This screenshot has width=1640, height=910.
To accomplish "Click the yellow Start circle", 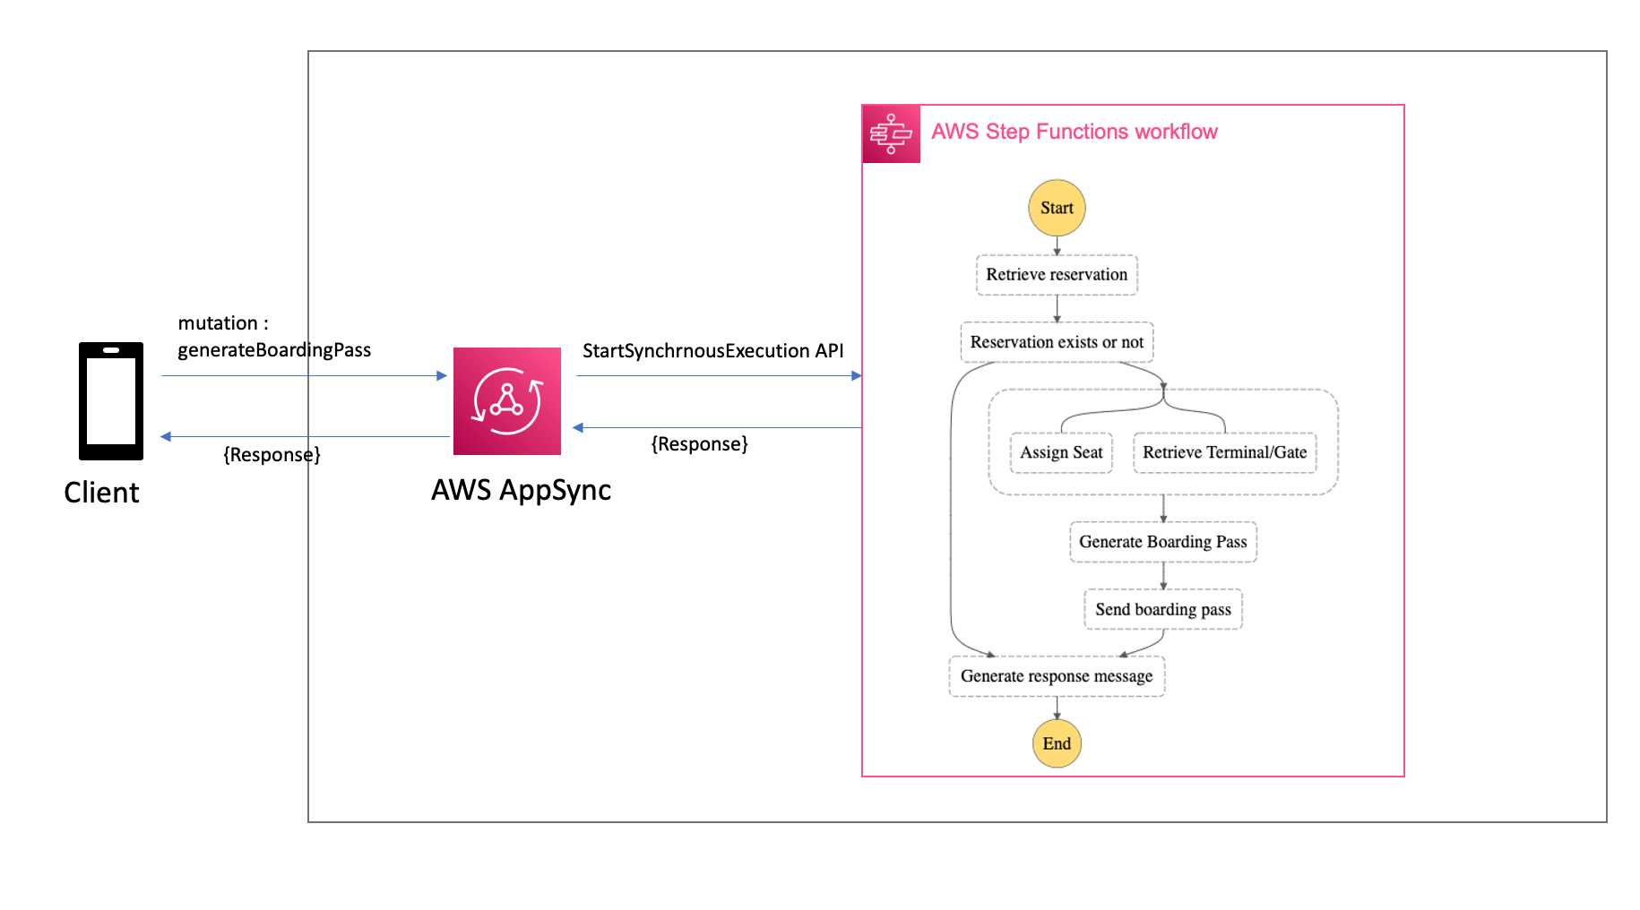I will (x=1057, y=208).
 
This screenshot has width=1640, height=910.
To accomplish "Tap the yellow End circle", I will (x=1057, y=743).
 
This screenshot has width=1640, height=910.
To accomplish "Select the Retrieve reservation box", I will (x=1057, y=275).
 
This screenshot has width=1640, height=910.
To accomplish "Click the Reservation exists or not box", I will (x=1057, y=342).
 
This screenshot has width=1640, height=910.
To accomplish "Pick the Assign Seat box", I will (x=1061, y=452).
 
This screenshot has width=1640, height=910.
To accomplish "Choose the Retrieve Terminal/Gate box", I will (x=1224, y=452).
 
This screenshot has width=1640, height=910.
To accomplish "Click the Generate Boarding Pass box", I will (x=1162, y=542).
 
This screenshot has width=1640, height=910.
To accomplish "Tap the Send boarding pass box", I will (x=1162, y=610).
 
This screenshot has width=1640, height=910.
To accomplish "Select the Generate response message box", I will (x=1057, y=676).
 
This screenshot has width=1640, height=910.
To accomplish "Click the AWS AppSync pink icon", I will (x=506, y=401).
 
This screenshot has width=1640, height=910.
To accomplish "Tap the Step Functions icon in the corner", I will (x=891, y=134).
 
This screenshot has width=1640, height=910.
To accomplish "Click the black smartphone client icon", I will (x=111, y=401).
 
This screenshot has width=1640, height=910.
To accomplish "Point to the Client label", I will (x=101, y=493).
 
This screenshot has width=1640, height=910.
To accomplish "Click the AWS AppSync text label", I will (x=521, y=490).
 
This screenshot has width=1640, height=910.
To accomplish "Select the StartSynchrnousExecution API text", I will (x=712, y=351).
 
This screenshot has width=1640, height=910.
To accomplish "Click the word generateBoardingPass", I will (x=274, y=350).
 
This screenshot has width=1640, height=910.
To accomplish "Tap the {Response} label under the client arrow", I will (x=272, y=455).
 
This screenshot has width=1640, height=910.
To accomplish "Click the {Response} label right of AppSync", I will (x=699, y=444).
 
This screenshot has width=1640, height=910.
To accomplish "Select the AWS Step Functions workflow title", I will (x=1074, y=132).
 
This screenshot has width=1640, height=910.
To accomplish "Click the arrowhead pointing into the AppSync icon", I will (x=441, y=376).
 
